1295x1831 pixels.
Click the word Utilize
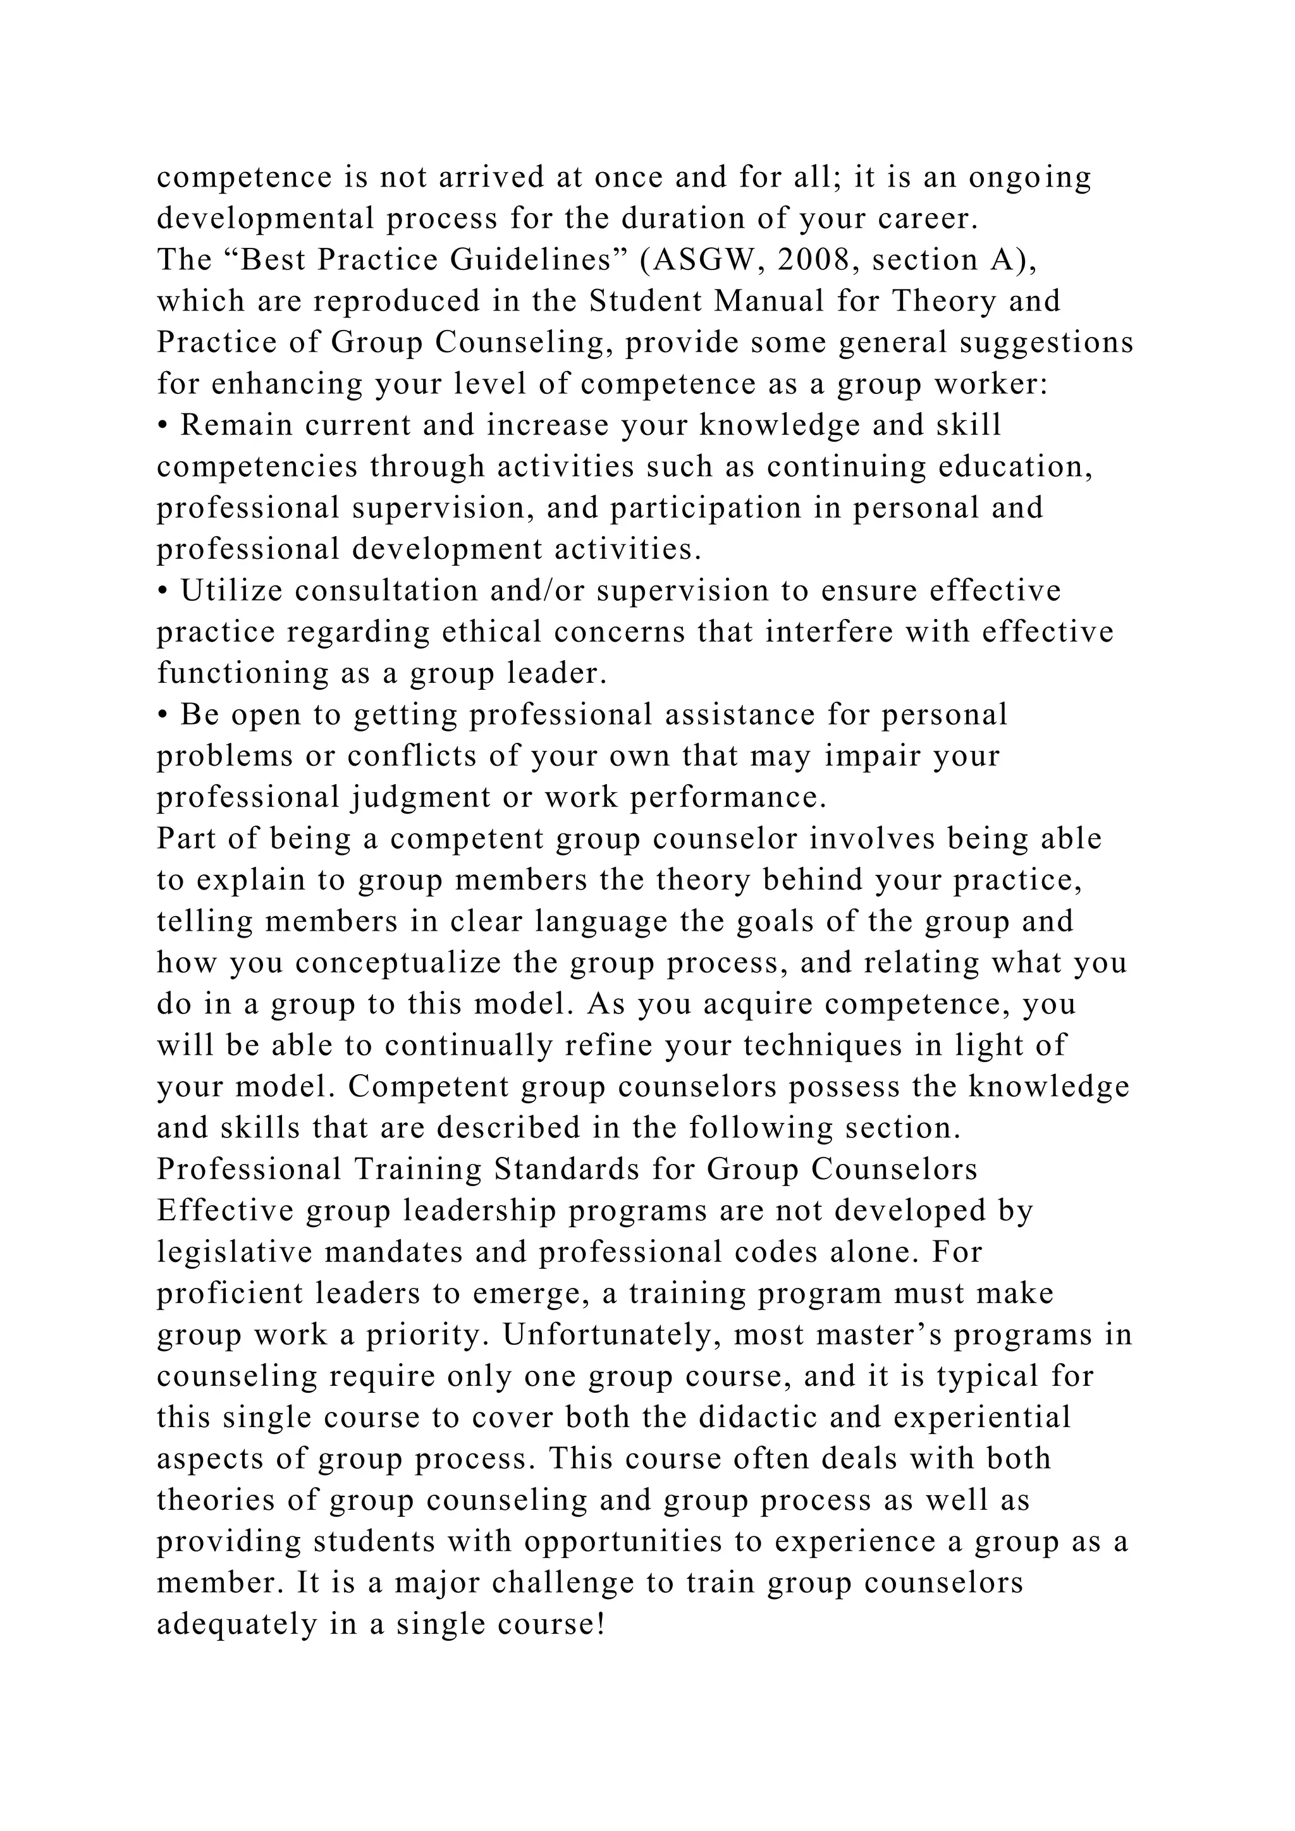231,591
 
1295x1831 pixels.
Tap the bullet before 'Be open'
162,715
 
